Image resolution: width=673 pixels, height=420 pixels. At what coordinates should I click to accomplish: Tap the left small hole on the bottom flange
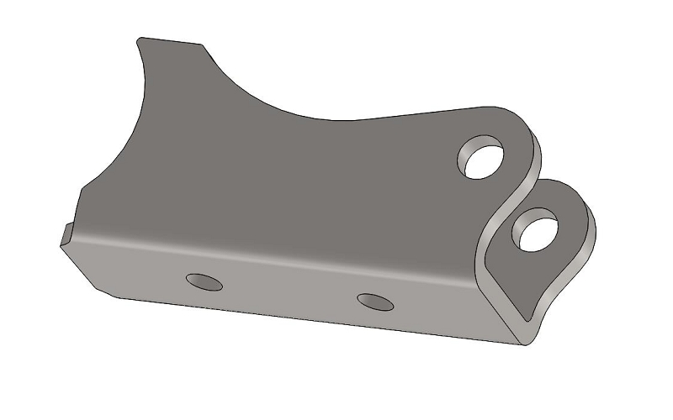tap(204, 281)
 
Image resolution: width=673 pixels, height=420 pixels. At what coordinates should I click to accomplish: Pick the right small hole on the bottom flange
tap(374, 301)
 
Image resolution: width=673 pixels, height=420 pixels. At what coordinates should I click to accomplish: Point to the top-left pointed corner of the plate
tap(140, 38)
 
